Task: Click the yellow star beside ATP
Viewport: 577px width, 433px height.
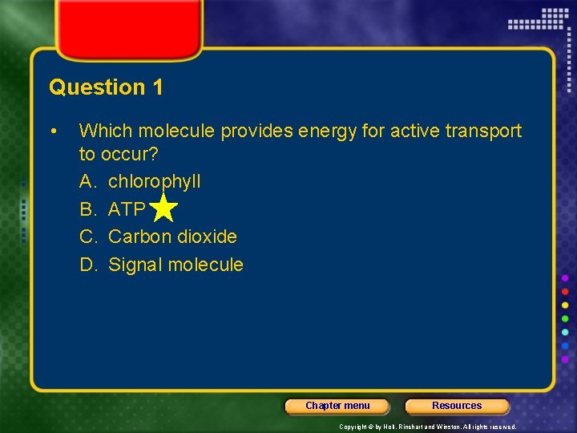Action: [x=163, y=208]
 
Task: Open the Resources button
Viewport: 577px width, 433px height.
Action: [x=457, y=406]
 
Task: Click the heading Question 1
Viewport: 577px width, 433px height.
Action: [x=106, y=87]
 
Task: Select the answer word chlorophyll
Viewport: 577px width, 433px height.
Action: [x=154, y=182]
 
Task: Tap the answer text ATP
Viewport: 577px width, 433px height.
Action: [x=127, y=209]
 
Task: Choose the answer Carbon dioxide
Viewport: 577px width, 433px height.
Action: [x=172, y=237]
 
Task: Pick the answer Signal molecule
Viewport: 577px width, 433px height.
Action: [x=176, y=265]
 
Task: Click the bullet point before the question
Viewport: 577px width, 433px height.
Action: [x=53, y=131]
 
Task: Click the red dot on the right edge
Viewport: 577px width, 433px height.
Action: [x=565, y=291]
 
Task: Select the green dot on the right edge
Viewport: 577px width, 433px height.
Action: [x=565, y=318]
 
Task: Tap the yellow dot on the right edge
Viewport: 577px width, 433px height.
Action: [x=565, y=305]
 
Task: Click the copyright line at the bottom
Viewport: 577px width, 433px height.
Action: [x=427, y=427]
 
